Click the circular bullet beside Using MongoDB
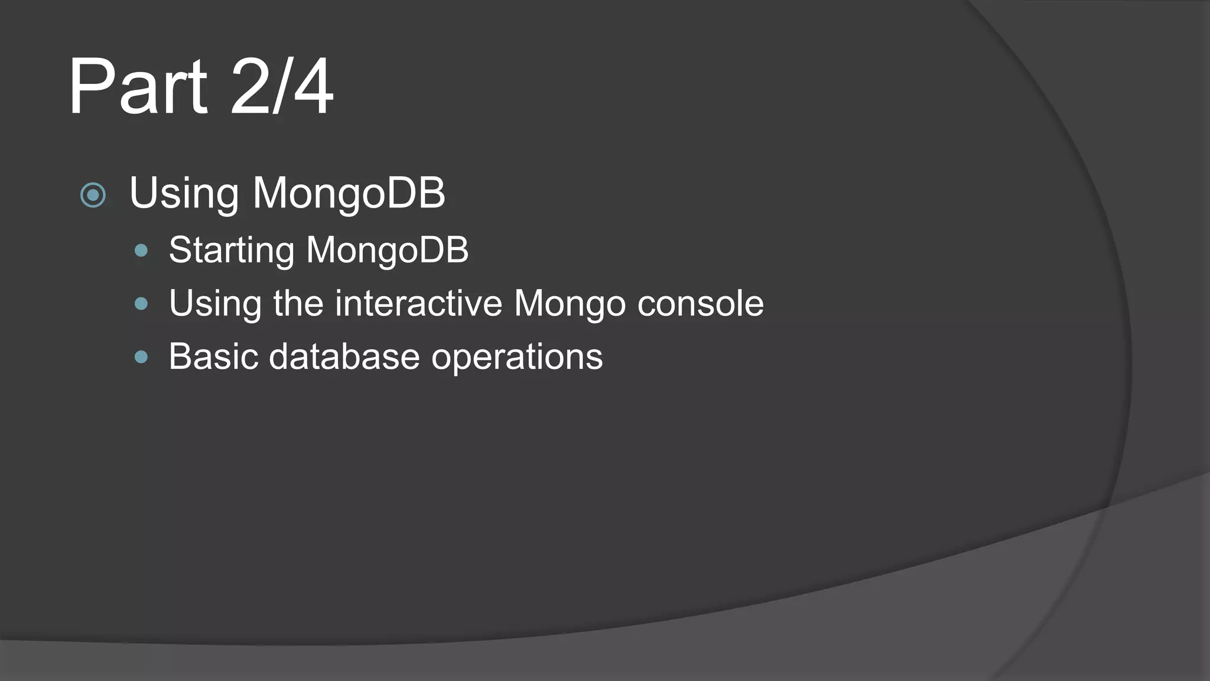tap(93, 194)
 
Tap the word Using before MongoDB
tap(184, 193)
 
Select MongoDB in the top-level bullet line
tap(349, 193)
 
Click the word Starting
tap(231, 250)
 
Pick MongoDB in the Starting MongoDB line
tap(387, 249)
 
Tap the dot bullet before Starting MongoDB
tap(141, 251)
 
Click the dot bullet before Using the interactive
tap(141, 304)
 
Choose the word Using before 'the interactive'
tap(215, 304)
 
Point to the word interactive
tap(418, 303)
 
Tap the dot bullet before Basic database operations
tap(141, 356)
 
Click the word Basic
tap(213, 356)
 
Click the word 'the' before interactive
tap(298, 303)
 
